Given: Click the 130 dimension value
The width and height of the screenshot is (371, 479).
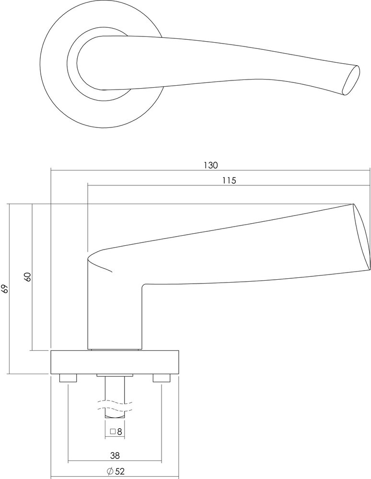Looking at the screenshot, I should [210, 165].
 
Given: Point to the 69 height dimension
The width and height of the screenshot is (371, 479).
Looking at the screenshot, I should [5, 288].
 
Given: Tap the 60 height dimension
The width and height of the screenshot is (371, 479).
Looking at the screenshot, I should [27, 277].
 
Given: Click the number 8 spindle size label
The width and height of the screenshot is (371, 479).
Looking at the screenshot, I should [119, 432].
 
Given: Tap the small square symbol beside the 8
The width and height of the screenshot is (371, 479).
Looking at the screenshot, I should [112, 432].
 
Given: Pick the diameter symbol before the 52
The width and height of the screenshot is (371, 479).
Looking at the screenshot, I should [109, 471].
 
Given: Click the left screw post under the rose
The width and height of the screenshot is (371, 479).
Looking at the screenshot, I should [68, 378].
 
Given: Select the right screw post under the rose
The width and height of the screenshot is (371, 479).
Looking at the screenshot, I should [162, 378].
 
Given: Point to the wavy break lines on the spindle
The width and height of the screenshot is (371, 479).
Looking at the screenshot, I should [115, 405].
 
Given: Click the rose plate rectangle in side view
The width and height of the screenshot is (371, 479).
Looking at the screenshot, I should [115, 362].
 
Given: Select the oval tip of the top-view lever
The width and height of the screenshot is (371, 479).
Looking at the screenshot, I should [351, 80].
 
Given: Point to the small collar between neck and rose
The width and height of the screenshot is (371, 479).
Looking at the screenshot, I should [115, 349].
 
